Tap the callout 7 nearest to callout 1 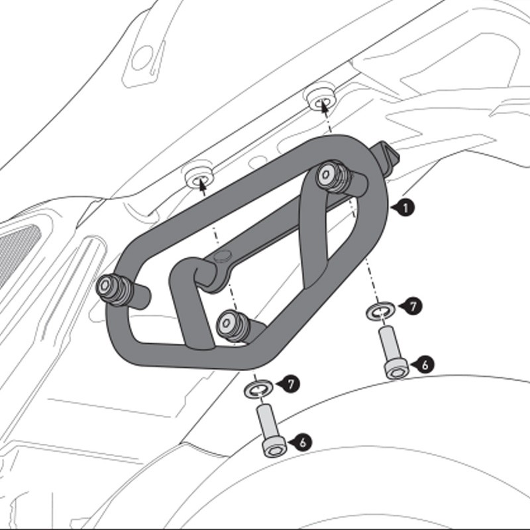click(412, 306)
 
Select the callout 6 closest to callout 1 click(424, 364)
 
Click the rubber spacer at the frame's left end click(109, 288)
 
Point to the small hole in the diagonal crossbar click(221, 256)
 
